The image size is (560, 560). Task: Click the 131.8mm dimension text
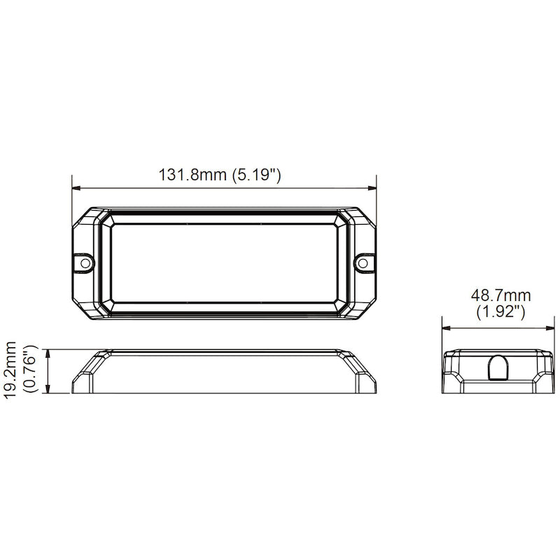[193, 175]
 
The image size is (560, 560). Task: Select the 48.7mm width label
[500, 295]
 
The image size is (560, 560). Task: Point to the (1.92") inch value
[500, 312]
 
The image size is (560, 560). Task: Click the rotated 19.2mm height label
[10, 370]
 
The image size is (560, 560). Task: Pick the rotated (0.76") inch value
[30, 369]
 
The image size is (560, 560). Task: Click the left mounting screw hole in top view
[85, 263]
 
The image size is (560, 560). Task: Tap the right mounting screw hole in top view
[363, 263]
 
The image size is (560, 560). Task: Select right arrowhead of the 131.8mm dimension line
[372, 188]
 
